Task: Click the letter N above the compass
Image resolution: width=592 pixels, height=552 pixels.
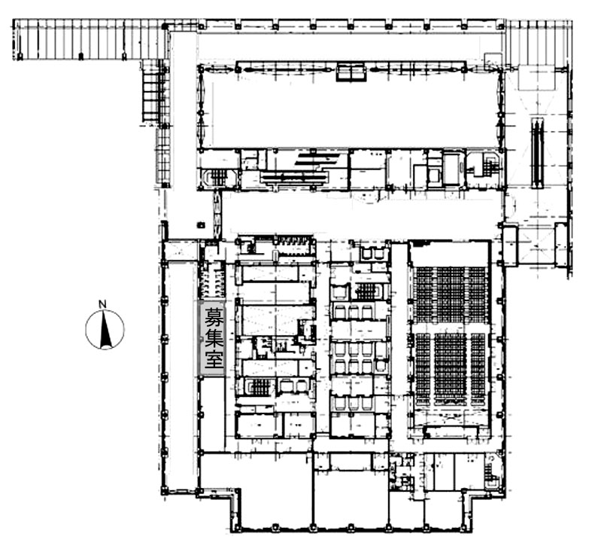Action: tap(102, 303)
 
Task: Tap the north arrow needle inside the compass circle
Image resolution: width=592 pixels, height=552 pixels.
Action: tap(105, 329)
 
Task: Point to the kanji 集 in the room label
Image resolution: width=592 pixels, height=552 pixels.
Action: tap(213, 337)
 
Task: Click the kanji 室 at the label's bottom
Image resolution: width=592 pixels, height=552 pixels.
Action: tap(213, 358)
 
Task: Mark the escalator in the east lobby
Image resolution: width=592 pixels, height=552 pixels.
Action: tap(538, 153)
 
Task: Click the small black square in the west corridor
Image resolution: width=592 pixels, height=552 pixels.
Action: tap(201, 225)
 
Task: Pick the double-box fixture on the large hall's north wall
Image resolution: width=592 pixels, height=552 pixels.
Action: tap(351, 72)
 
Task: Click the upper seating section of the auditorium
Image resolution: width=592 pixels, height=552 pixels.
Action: tap(451, 295)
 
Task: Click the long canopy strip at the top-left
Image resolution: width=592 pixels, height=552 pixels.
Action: tap(90, 39)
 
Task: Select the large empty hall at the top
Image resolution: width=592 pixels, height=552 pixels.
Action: tap(351, 110)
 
